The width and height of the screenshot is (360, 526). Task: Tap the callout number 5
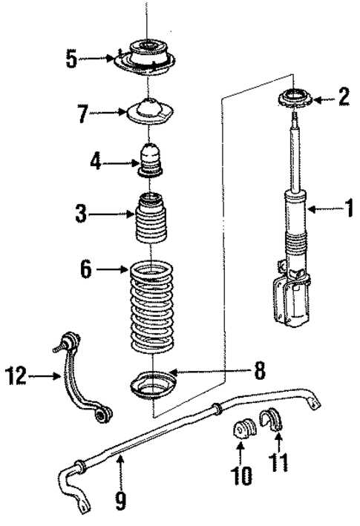71,59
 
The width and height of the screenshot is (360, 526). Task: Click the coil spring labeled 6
154,304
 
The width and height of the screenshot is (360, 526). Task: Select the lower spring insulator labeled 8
151,388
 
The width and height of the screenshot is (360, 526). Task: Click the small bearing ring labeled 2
298,98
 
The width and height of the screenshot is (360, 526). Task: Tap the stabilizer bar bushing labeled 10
243,433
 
